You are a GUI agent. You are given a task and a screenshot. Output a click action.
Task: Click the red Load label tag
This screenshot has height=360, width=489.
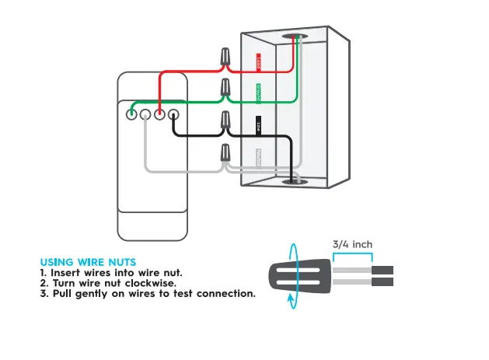coord(259,63)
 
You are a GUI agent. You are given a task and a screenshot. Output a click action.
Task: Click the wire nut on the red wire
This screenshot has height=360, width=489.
coord(225,57)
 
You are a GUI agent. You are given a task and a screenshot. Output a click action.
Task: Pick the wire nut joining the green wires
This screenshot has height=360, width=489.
coord(225,88)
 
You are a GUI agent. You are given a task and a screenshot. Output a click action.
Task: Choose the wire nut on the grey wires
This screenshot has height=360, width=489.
coord(225,154)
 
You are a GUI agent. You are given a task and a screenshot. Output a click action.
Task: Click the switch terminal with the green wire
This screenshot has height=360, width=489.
coord(131,115)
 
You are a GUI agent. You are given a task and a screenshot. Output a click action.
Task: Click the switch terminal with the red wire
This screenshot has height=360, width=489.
coord(159,115)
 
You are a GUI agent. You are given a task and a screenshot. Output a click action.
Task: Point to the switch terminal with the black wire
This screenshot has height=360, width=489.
coord(173,115)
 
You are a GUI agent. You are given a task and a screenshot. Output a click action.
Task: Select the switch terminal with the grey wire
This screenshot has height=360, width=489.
coord(145,115)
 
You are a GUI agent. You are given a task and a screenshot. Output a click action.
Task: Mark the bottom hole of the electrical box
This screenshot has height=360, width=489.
coord(293,180)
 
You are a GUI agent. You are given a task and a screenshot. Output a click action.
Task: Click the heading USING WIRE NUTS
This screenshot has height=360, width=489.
coord(88,262)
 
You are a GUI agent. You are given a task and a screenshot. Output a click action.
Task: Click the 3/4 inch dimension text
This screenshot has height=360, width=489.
coord(352,244)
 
